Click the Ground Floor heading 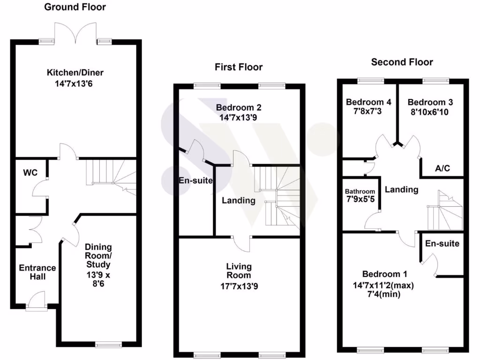click(x=75, y=7)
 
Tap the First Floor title click(x=239, y=67)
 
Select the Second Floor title click(x=402, y=62)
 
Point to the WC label click(x=30, y=173)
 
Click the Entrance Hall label click(x=37, y=272)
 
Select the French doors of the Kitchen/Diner click(x=75, y=33)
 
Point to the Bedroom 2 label click(x=239, y=107)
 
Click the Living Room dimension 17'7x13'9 click(x=239, y=286)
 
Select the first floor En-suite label click(x=196, y=180)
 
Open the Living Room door click(x=241, y=243)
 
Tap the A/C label click(x=442, y=168)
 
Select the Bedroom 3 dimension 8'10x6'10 click(x=430, y=112)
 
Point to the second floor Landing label click(x=402, y=190)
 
